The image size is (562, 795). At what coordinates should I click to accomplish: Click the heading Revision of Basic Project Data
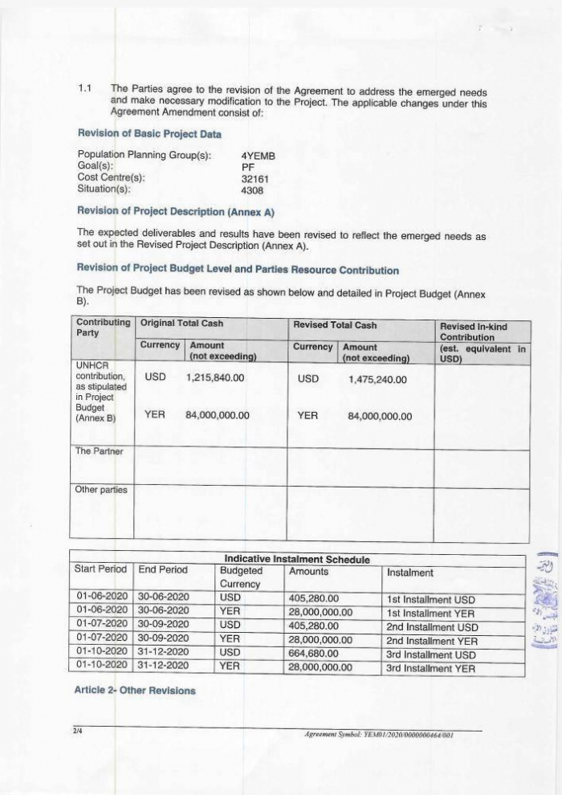tap(149, 133)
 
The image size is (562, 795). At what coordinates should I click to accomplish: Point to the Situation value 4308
tap(252, 190)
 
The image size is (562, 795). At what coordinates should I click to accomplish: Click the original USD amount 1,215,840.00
tap(215, 377)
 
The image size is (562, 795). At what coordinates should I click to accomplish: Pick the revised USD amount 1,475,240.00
tap(378, 380)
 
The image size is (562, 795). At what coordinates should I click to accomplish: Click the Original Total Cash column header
tap(181, 324)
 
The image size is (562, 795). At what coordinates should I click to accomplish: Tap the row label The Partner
tap(99, 451)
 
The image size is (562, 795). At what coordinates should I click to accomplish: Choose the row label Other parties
tap(100, 489)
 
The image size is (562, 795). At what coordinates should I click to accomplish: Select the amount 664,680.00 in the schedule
tap(314, 655)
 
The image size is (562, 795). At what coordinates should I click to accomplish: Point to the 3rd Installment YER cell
tap(430, 667)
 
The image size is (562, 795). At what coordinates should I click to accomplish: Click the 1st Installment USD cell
tap(430, 600)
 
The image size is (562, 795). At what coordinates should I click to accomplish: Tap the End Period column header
tap(163, 571)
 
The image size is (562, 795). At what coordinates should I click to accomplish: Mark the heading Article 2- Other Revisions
tap(136, 691)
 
